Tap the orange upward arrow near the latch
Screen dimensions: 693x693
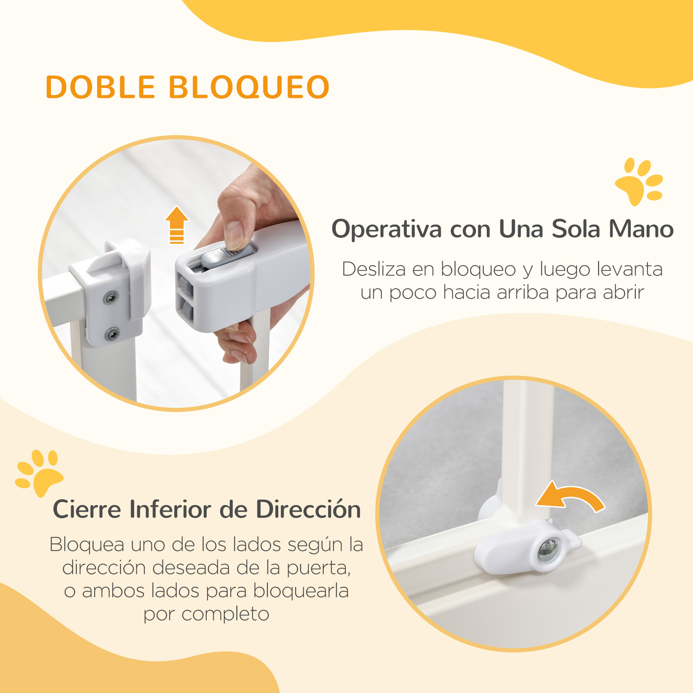[176, 225]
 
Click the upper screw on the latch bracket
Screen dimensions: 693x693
[111, 297]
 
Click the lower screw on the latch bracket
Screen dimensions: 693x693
[112, 334]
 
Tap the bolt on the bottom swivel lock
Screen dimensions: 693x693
[548, 551]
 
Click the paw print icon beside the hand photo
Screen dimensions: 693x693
[639, 181]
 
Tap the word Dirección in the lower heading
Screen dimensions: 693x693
[308, 509]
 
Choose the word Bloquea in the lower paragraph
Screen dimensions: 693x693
[87, 544]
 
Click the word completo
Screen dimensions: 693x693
[225, 614]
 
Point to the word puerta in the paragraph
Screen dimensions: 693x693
[318, 568]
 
